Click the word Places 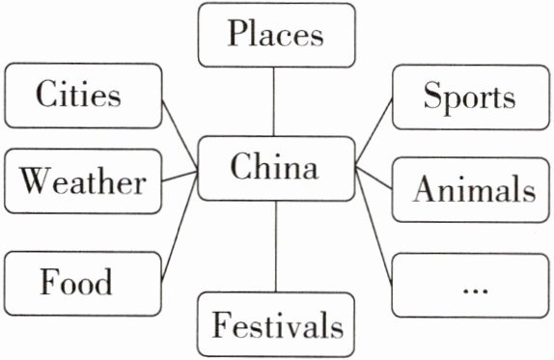click(275, 33)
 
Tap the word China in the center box click(274, 166)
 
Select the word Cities click(78, 94)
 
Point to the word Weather click(83, 180)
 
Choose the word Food click(76, 281)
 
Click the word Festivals click(277, 324)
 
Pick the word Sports click(469, 97)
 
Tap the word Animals click(475, 188)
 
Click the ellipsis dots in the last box click(475, 291)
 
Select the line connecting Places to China click(273, 101)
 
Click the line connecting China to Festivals click(276, 246)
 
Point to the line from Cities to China click(180, 133)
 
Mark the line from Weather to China click(180, 177)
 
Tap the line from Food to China click(180, 227)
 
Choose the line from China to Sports click(374, 131)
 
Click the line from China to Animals click(374, 178)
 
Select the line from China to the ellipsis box click(374, 227)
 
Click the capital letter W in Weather click(35, 180)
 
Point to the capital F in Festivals click(222, 324)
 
